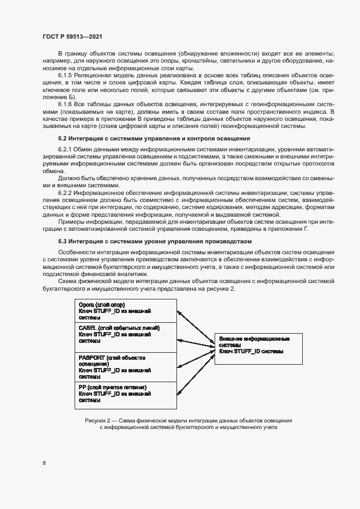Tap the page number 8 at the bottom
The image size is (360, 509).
pos(44,463)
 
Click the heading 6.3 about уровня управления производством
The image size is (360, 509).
pos(155,241)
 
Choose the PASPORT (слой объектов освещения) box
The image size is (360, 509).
pos(126,366)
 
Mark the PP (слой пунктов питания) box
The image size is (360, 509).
pos(126,394)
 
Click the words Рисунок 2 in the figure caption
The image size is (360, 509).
pos(100,421)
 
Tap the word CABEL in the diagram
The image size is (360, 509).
pos(87,328)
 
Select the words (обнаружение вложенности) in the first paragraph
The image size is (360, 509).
pos(224,53)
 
